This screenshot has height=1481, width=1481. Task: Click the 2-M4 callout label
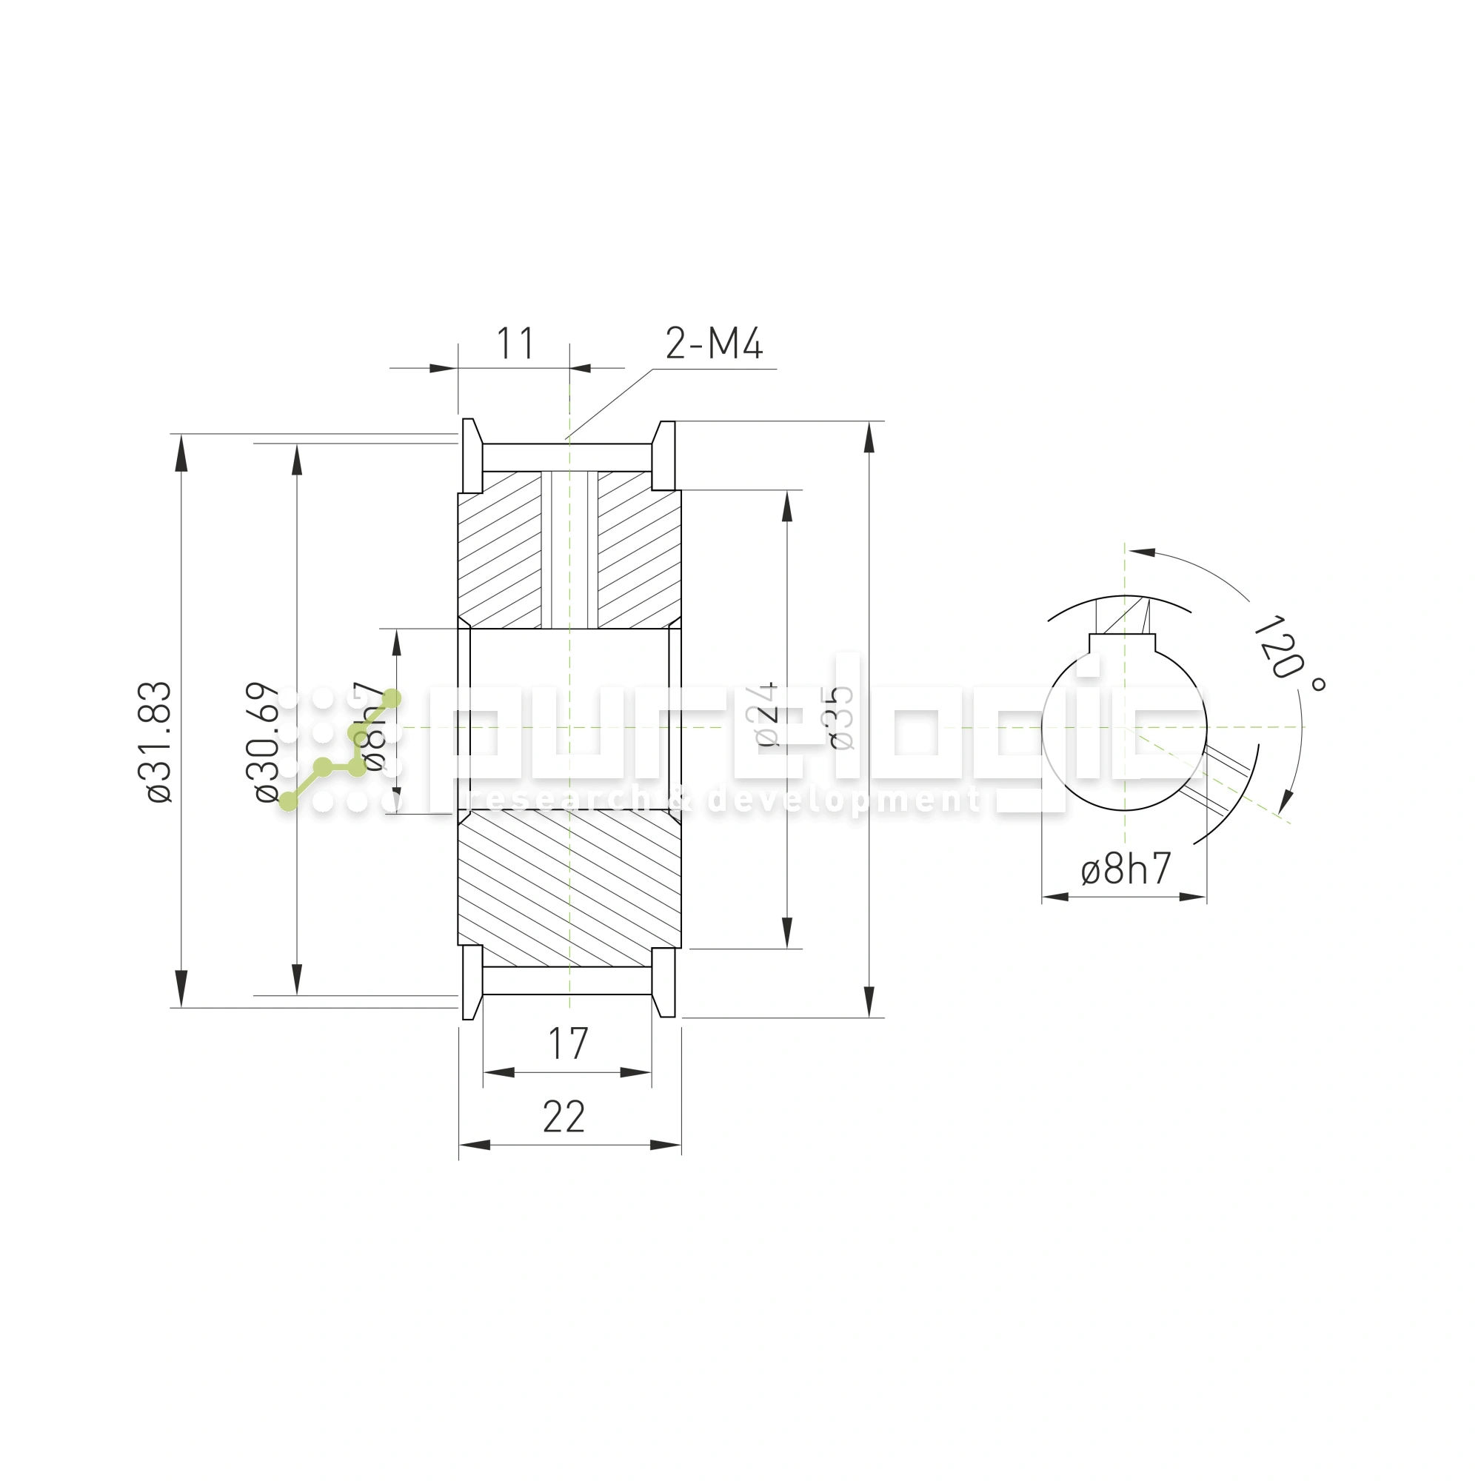[713, 344]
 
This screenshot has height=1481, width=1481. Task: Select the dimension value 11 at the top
[515, 344]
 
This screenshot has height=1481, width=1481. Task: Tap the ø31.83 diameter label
[159, 741]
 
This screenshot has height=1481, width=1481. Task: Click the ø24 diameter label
[766, 715]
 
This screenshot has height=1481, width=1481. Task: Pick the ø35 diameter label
[841, 718]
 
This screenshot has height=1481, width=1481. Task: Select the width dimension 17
[567, 1044]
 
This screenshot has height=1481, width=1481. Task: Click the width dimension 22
[564, 1117]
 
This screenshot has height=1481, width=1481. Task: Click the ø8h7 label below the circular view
[1126, 869]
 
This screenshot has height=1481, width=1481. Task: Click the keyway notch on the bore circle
[1121, 642]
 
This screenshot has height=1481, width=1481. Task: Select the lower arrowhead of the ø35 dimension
[869, 1000]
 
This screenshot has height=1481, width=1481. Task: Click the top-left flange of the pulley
[472, 455]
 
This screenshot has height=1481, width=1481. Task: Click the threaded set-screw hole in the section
[569, 548]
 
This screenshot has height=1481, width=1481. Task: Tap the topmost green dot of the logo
[391, 698]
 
